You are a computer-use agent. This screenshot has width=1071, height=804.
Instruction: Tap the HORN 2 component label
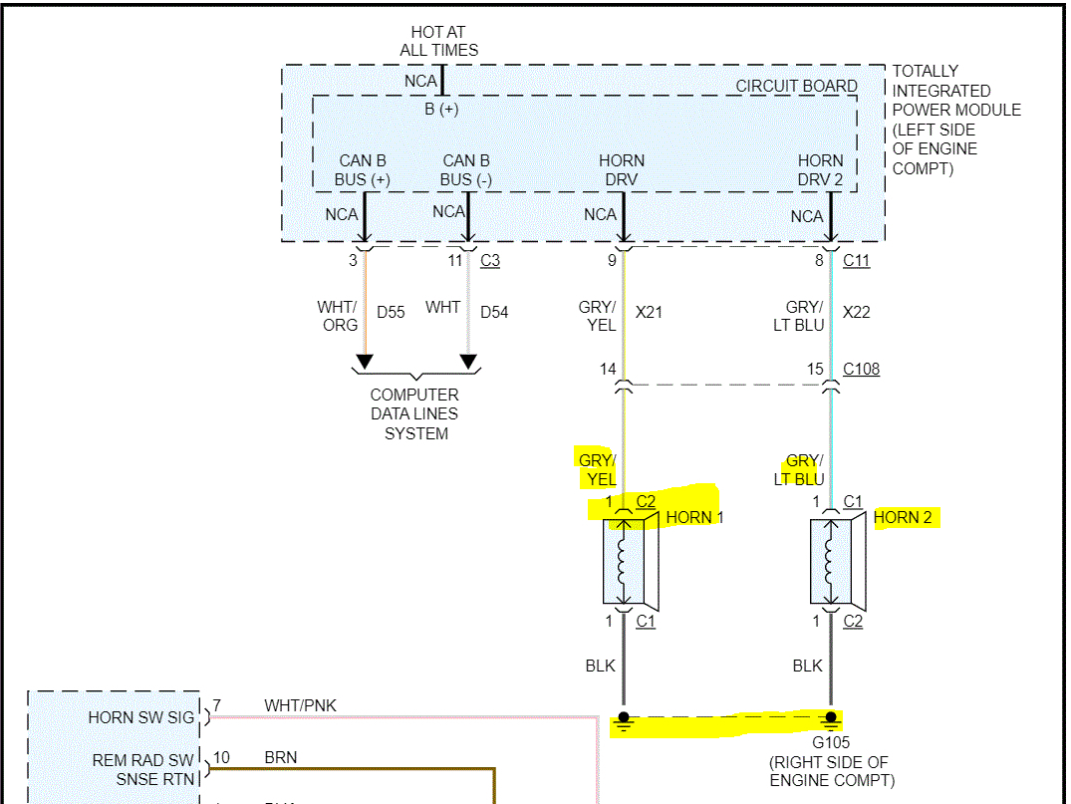coord(903,517)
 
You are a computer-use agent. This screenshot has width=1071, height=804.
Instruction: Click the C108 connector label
coord(861,370)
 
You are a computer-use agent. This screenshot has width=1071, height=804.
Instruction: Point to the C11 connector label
coord(856,261)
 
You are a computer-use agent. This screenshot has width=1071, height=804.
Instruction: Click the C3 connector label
coord(489,261)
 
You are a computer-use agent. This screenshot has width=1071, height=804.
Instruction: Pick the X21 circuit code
coord(649,312)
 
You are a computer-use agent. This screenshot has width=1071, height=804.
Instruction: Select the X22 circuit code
coord(856,312)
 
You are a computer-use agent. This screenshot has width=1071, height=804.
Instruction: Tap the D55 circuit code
coord(391,312)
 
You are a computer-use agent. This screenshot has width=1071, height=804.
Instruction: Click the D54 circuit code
coord(494,312)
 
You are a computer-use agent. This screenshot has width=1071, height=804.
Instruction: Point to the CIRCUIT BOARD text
coord(796,86)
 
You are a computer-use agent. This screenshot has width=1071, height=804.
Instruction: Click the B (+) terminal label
coord(441,109)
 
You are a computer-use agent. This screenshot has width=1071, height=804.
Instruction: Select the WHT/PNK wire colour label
coord(300,705)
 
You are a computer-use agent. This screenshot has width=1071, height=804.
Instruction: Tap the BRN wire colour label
coord(281,757)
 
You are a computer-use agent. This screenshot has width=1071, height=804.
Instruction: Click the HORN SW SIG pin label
coord(142,717)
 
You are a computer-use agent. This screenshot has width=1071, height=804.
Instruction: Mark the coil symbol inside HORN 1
coord(624,563)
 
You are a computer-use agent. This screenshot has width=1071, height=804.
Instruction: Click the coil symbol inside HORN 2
coord(831,563)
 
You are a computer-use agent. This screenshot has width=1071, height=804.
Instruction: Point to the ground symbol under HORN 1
coord(624,720)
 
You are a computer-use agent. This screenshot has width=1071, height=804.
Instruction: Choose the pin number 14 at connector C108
coord(608,370)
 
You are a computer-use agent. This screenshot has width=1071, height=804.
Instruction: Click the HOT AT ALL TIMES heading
coord(438,41)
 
